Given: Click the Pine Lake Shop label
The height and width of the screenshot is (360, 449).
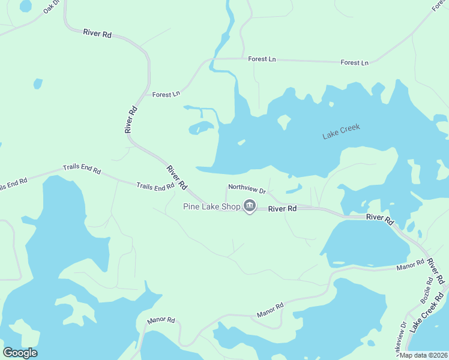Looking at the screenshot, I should pos(211,207).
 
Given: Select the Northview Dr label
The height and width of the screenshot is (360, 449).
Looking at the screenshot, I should pos(247,188).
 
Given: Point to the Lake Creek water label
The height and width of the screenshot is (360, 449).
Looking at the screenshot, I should pos(341,132).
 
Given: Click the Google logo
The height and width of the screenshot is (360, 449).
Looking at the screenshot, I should pos(20,353).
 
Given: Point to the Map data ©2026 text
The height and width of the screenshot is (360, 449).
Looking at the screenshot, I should pos(423,355).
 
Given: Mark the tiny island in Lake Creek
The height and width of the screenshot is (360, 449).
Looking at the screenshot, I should pos(241,142).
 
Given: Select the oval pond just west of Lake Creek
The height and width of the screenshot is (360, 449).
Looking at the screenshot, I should pos(200,128).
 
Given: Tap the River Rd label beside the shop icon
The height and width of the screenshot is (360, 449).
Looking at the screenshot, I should pos(282,209).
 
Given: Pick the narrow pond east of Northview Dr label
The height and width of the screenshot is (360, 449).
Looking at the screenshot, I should pos(294,190).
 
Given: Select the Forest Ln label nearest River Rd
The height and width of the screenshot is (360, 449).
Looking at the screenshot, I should pos(166,94).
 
